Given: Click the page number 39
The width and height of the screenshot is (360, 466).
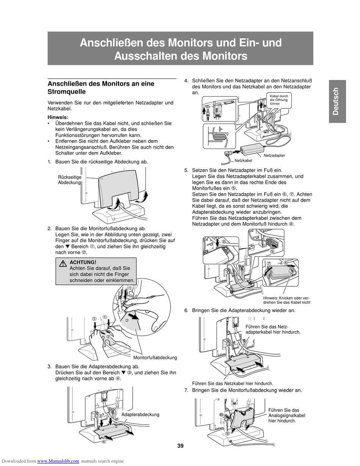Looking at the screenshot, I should pos(180,446).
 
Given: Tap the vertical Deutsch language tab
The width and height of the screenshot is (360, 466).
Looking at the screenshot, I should pos(337,101).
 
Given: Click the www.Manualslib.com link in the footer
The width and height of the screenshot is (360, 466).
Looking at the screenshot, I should pos(58,461).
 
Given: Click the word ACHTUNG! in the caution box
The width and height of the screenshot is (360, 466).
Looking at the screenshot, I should pos(83,262).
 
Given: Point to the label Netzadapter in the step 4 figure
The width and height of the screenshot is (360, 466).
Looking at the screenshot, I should pos(274,155).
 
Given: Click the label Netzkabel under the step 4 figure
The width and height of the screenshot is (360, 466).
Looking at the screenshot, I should pos(243,161).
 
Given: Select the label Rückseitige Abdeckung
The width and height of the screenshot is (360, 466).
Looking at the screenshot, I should pos(69,180).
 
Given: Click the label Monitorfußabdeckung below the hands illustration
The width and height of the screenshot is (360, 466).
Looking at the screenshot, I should pos(155,358).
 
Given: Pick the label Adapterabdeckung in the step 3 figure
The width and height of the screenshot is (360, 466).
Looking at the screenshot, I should pos(140,414).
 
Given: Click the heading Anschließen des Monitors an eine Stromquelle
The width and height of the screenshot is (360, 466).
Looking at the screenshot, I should pos(101,88).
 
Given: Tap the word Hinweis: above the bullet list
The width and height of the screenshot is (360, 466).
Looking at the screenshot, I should pos(58,118).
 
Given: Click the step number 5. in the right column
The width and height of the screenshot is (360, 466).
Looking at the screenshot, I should pos(186,171).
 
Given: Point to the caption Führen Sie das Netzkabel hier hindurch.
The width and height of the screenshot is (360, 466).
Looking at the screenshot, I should pos(232,383).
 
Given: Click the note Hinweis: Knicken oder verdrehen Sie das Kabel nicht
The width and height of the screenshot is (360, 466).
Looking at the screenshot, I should pos(286,300).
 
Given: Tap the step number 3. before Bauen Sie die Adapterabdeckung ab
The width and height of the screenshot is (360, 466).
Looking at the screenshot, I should pos(50,367).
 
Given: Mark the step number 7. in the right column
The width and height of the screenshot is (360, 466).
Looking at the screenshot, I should pos(186,390).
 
